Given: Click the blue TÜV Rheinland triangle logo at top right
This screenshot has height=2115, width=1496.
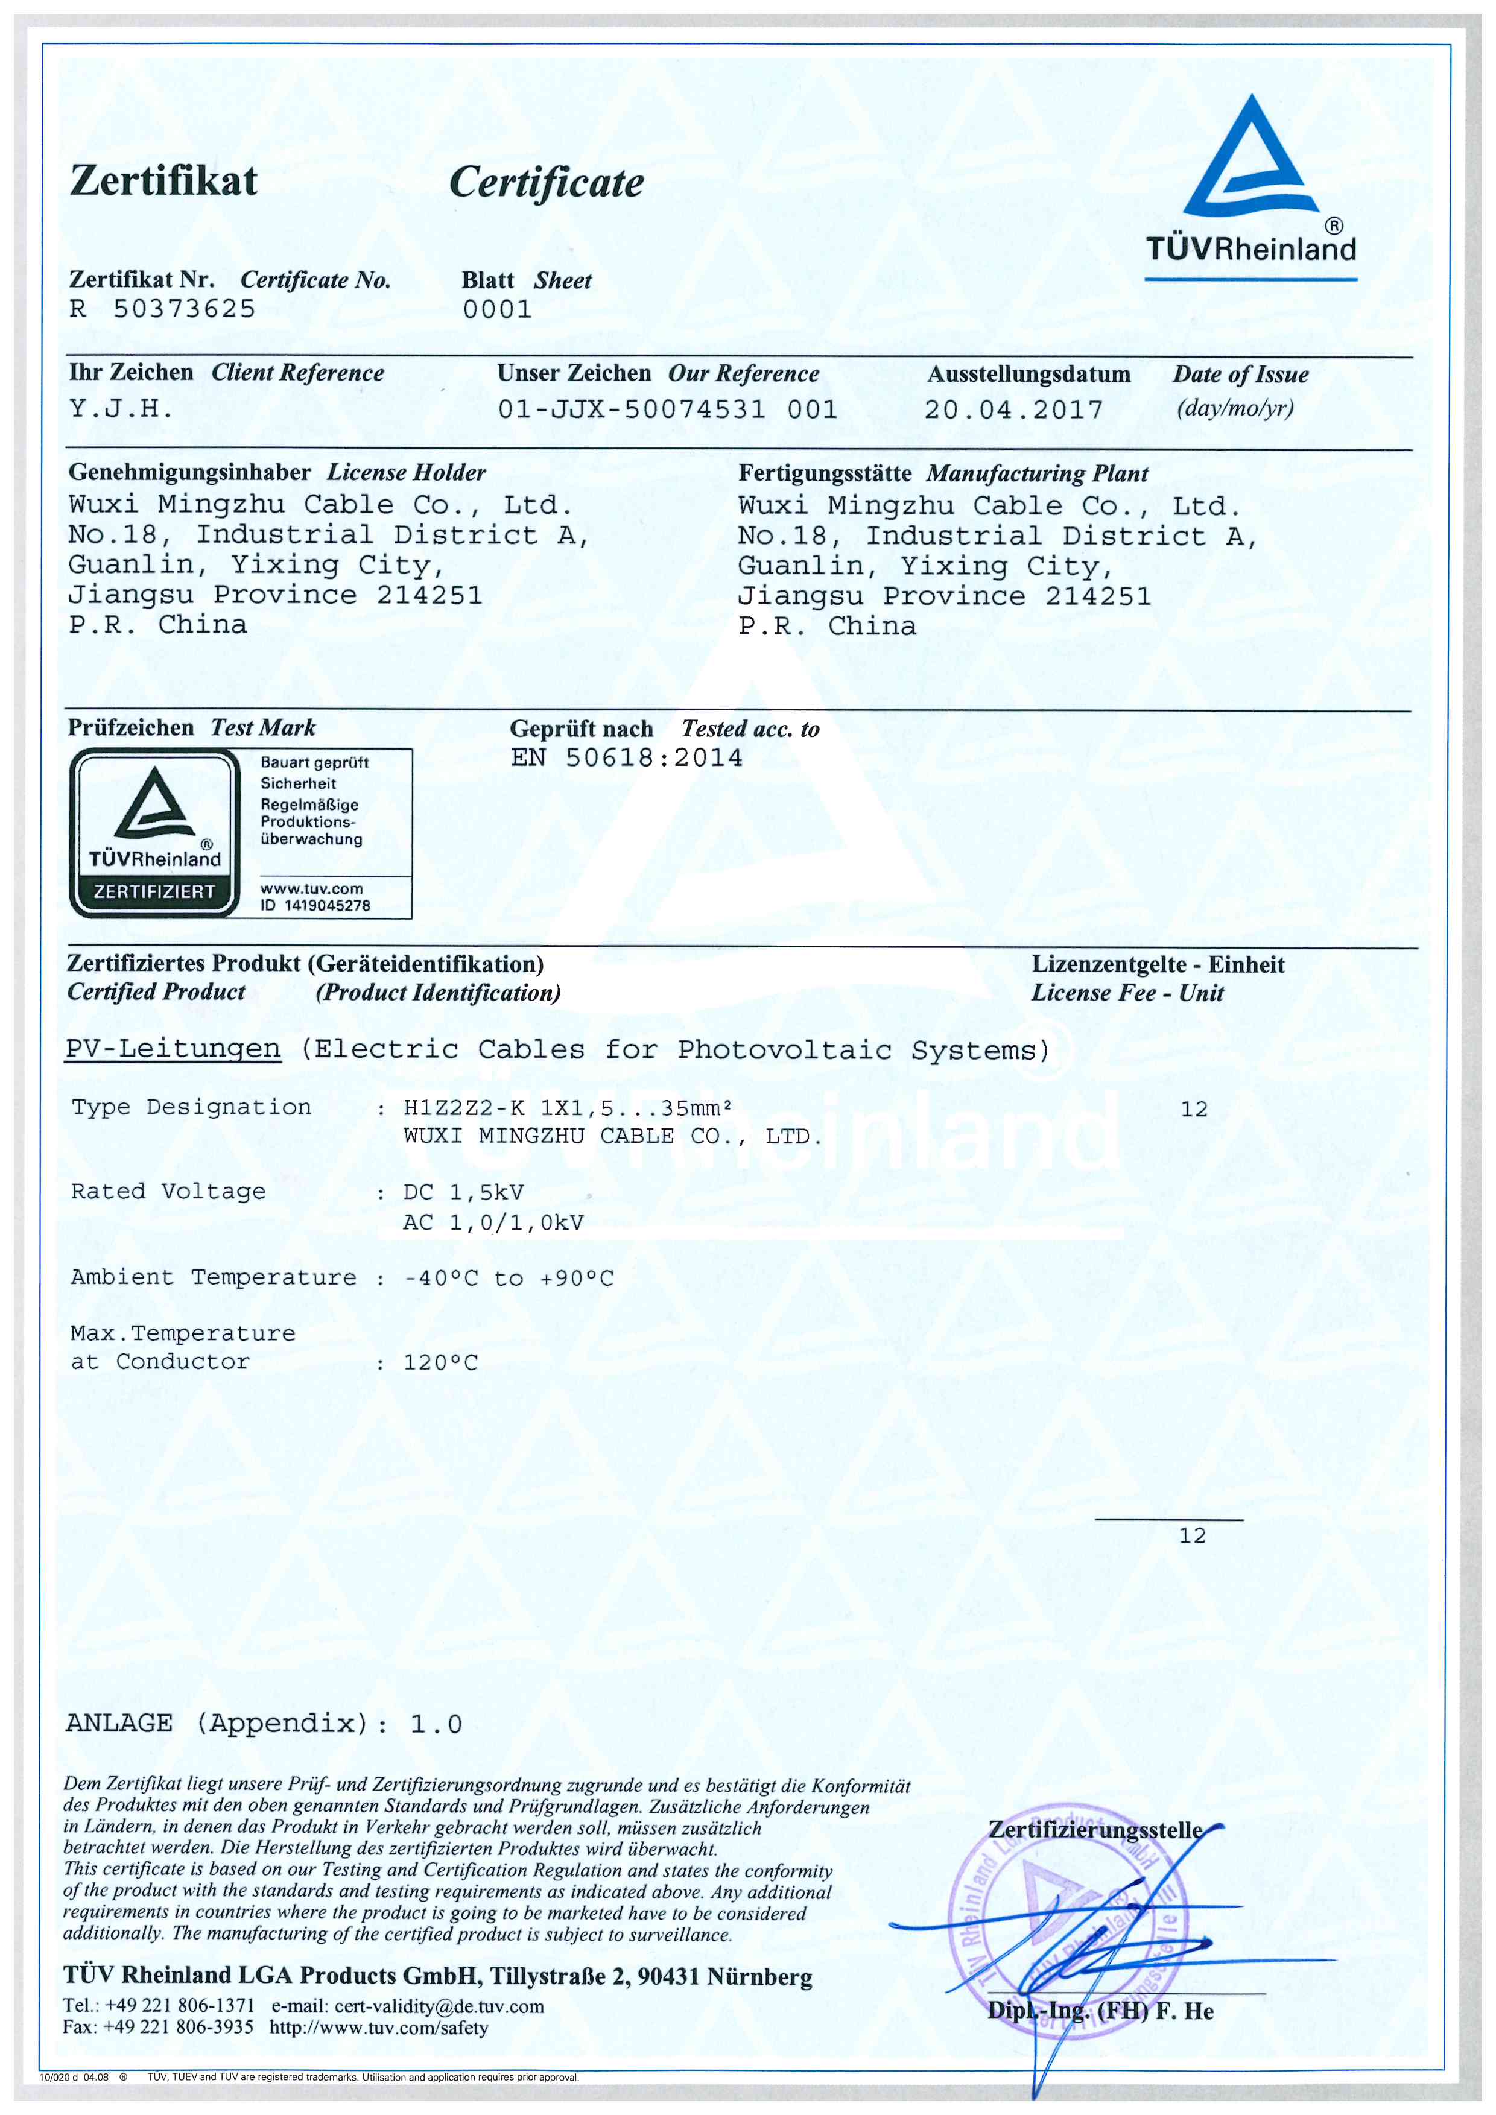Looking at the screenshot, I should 1250,161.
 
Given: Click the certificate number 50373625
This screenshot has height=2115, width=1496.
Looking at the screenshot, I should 184,309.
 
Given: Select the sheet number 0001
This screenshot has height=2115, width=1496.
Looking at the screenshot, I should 498,309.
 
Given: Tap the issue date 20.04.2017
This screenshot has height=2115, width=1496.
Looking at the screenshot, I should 1013,410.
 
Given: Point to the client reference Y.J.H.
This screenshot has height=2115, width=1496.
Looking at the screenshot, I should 121,408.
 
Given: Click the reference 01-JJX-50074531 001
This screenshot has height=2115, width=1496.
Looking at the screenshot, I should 668,409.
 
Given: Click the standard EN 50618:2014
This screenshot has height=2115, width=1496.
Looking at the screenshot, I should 626,758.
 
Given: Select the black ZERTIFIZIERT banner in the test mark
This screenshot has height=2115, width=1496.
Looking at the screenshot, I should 154,892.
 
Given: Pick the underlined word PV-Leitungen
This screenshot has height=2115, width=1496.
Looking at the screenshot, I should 173,1049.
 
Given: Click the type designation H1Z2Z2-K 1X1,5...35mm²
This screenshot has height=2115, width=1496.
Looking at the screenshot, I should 568,1108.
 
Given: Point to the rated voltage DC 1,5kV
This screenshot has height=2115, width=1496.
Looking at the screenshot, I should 463,1192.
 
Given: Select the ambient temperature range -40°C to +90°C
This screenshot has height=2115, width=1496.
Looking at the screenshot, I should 509,1279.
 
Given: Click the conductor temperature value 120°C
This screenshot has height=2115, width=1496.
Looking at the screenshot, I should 440,1362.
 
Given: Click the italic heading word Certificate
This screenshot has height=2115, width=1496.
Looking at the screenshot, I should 547,182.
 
